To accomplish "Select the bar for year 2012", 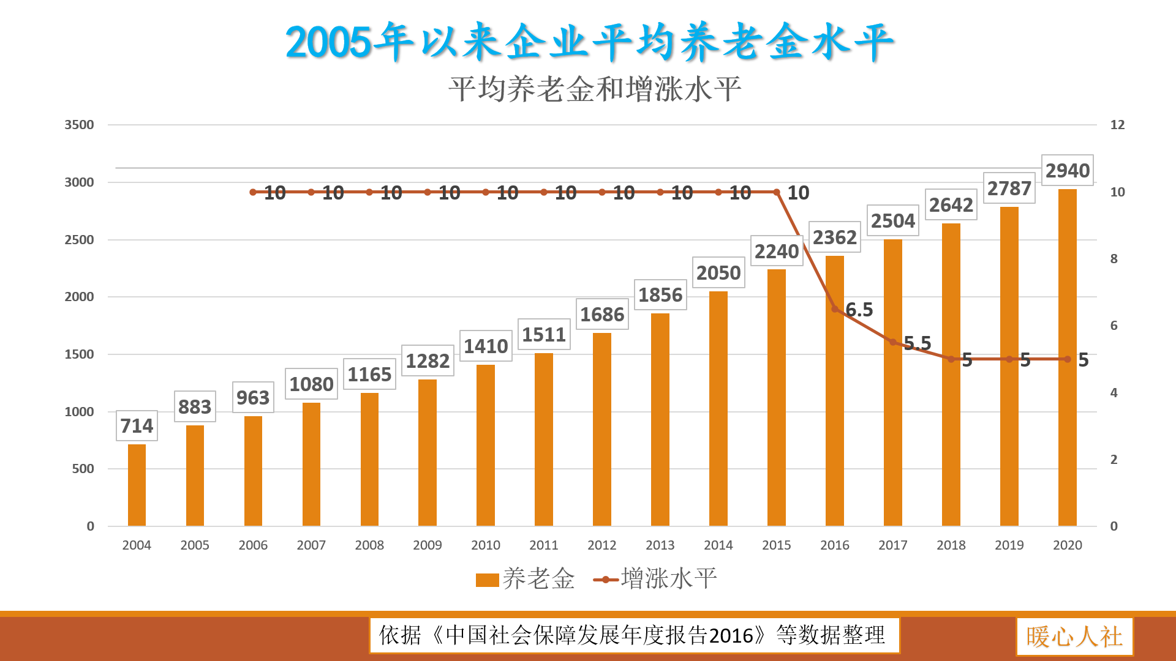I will [601, 428].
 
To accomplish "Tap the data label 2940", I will [1067, 171].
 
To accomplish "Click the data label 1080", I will [311, 384].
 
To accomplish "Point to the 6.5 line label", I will [859, 310].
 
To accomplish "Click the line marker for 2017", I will [893, 342].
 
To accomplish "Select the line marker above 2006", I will [253, 192].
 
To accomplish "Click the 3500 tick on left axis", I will [79, 125].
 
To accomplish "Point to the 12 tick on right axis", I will [1117, 125].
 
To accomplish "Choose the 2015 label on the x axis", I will [776, 545].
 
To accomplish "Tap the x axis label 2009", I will [427, 545].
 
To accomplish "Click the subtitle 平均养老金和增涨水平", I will [594, 90].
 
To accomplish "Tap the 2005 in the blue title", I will [328, 43].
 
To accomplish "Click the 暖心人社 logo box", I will [1074, 637].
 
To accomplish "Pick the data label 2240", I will [776, 252].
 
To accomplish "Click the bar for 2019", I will [1009, 367].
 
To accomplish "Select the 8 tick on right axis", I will [1114, 259].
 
